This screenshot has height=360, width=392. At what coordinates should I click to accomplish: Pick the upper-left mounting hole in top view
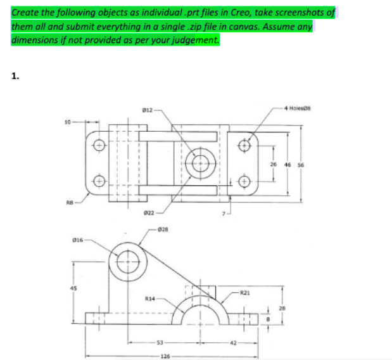pyautogui.click(x=98, y=143)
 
